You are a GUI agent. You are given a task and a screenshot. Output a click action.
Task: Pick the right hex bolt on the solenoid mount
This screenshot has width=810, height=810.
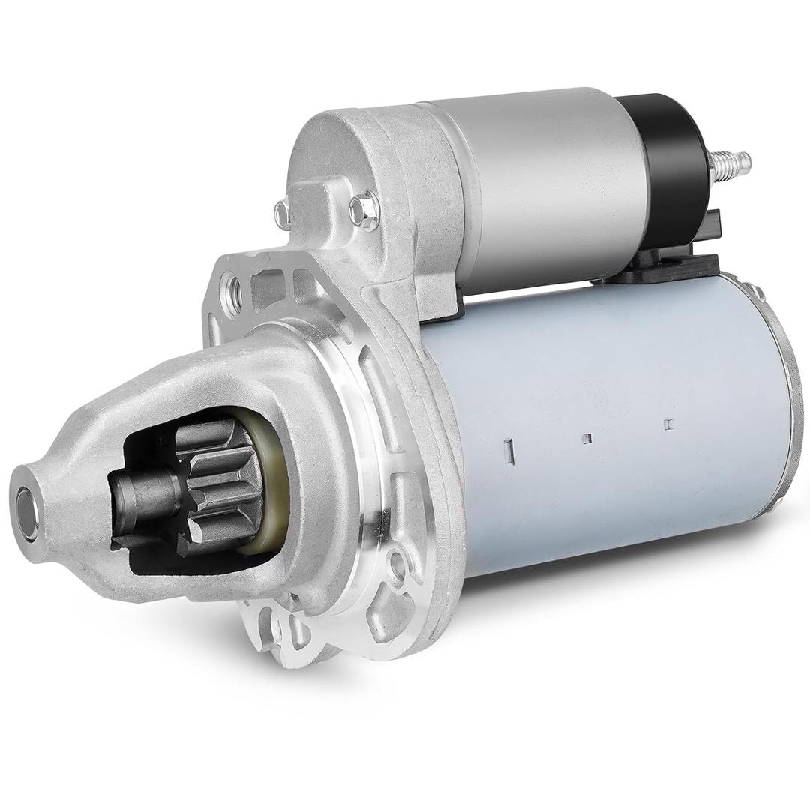pyautogui.click(x=364, y=208)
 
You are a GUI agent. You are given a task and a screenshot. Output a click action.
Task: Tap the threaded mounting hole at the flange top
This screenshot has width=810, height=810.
pyautogui.click(x=232, y=286)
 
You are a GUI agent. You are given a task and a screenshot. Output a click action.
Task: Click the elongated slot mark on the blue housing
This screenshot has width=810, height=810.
pyautogui.click(x=508, y=451)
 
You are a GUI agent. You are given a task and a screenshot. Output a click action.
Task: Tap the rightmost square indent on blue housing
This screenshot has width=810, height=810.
pyautogui.click(x=668, y=424)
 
